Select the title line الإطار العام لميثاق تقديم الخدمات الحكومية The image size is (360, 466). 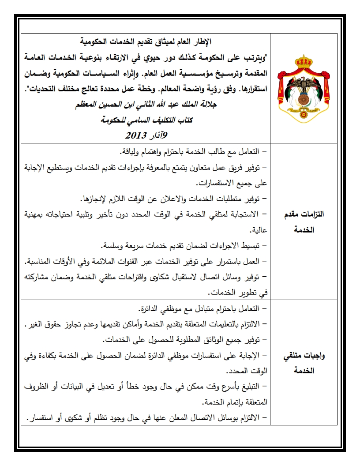pos(147,42)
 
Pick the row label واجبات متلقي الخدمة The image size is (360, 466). pos(304,363)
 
